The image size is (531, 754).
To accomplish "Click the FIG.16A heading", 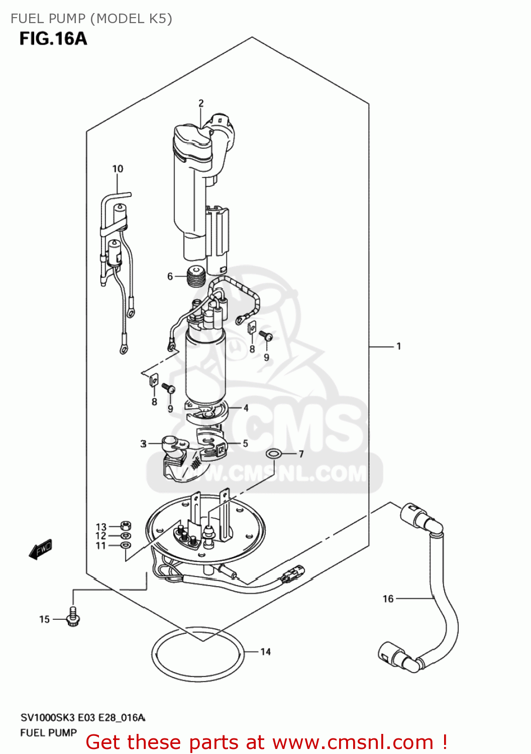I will pyautogui.click(x=53, y=39).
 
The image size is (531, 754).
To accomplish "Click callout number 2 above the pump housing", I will pyautogui.click(x=201, y=103).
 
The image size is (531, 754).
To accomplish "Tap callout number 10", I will pyautogui.click(x=118, y=169).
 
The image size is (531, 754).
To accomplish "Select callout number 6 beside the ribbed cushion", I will pyautogui.click(x=170, y=276).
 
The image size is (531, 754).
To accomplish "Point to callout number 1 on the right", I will pyautogui.click(x=398, y=346).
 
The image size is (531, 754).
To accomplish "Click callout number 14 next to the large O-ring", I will pyautogui.click(x=265, y=652).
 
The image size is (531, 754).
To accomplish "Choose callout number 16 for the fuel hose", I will pyautogui.click(x=388, y=599).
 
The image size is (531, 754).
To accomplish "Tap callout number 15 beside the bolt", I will pyautogui.click(x=44, y=619).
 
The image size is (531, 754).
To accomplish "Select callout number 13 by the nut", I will pyautogui.click(x=101, y=527).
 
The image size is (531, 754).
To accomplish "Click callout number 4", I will pyautogui.click(x=246, y=408).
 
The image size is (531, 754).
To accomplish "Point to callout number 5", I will pyautogui.click(x=245, y=443).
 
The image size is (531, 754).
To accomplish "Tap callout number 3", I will pyautogui.click(x=144, y=444).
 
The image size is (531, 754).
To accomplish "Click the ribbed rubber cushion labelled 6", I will pyautogui.click(x=196, y=276).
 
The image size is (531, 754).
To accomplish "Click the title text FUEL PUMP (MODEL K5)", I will pyautogui.click(x=91, y=19).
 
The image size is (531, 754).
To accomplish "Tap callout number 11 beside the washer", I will pyautogui.click(x=101, y=546).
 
